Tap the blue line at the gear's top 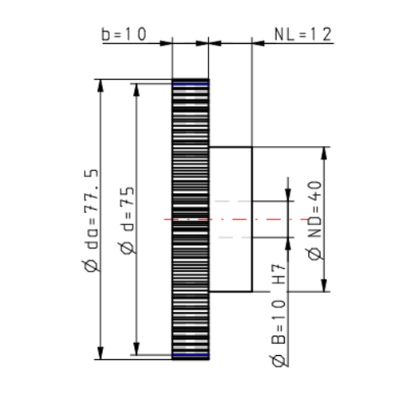191,82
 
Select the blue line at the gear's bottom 191,355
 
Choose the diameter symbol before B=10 279,362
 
